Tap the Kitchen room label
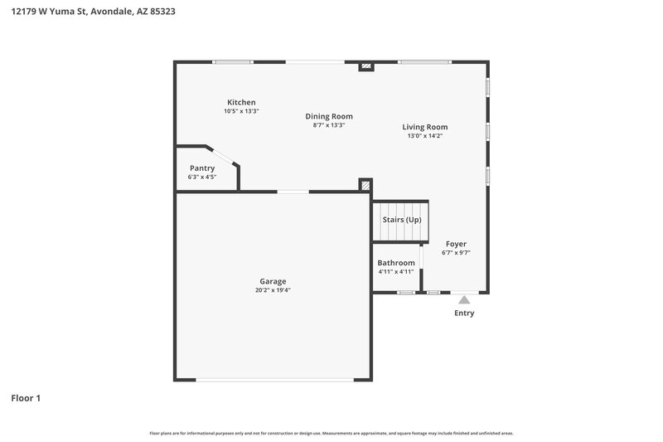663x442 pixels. [x=241, y=102]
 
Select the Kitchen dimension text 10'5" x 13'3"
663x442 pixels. [x=241, y=111]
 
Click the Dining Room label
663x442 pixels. [x=329, y=116]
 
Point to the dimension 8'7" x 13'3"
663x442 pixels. [x=329, y=125]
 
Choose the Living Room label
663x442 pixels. [x=425, y=127]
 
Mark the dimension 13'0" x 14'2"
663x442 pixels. [x=425, y=136]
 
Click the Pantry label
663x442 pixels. [x=202, y=168]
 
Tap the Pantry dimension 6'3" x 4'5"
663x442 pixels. [x=202, y=177]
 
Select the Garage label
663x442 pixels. [x=273, y=281]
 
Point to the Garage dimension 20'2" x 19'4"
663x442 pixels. [x=273, y=290]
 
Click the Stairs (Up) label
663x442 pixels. [x=401, y=220]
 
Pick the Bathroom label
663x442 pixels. [x=396, y=262]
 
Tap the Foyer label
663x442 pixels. [x=456, y=244]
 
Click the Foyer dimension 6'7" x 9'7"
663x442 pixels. [x=456, y=253]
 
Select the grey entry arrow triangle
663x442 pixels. [x=464, y=299]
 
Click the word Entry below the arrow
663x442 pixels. [x=464, y=313]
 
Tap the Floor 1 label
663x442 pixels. [x=26, y=398]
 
